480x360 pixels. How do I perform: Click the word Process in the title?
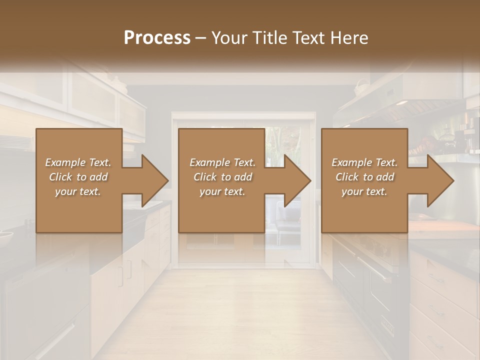tap(157, 38)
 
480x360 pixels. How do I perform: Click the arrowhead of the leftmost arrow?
tap(155, 180)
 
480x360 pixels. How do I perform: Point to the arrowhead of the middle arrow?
tap(297, 180)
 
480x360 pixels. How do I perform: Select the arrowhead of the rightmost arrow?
tap(440, 180)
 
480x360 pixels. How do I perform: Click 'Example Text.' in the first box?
tap(78, 162)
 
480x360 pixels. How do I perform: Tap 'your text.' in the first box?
tap(78, 191)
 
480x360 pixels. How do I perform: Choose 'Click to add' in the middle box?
tap(222, 177)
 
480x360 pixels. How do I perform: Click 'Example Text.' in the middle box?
tap(222, 162)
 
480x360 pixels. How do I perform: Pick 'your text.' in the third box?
tap(364, 191)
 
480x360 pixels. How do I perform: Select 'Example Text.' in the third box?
tap(364, 162)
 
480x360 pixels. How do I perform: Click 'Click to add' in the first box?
tap(78, 177)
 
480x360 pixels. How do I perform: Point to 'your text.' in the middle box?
tap(222, 191)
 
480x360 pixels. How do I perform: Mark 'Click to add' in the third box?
tap(364, 177)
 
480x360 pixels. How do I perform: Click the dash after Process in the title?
tap(201, 38)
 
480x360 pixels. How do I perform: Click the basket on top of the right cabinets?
tap(361, 88)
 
